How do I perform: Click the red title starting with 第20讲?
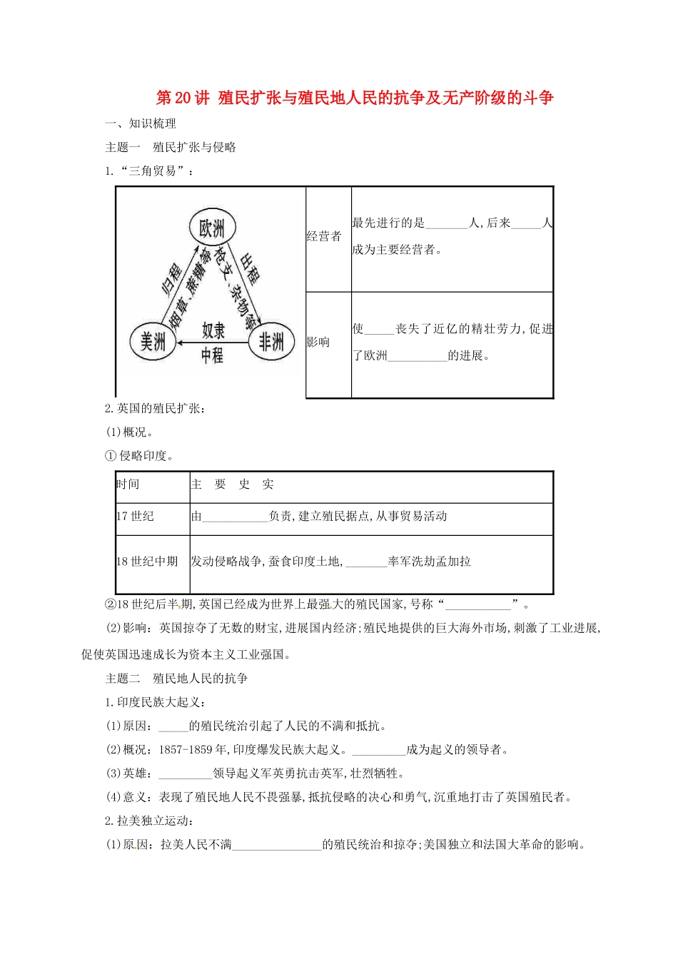point(354,98)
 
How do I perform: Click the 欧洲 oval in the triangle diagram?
point(212,228)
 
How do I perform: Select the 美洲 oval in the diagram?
point(153,342)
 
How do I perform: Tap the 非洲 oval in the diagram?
point(271,342)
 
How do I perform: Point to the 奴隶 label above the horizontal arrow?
point(213,330)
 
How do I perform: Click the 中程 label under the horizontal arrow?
point(212,355)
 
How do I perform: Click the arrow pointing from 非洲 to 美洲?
point(212,342)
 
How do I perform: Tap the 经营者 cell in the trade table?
point(324,236)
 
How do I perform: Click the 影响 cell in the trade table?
point(318,342)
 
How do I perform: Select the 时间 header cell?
point(128,484)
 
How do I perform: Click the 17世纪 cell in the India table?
point(136,516)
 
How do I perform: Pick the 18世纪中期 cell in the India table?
point(148,562)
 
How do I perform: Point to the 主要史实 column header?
point(233,484)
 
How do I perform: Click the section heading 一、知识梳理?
point(141,123)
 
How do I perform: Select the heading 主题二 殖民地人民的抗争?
point(176,678)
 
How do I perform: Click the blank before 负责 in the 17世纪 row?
point(235,517)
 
